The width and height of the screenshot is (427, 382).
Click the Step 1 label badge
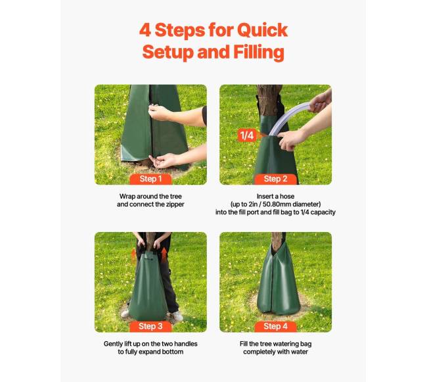coord(150,179)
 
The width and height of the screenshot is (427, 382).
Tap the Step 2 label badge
coord(275,179)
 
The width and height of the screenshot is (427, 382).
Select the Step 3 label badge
coord(150,326)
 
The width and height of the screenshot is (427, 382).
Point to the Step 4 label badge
coord(275,326)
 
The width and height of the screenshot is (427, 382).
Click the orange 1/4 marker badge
coord(247,135)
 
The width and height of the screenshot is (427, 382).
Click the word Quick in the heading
coord(262,30)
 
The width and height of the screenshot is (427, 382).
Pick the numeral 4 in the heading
coord(145,30)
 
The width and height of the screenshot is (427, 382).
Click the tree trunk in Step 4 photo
coord(278,241)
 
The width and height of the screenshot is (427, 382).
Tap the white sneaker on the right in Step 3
coord(177,316)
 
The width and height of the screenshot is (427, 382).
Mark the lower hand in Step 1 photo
coord(163,161)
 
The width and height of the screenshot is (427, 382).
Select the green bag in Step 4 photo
coord(278,281)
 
